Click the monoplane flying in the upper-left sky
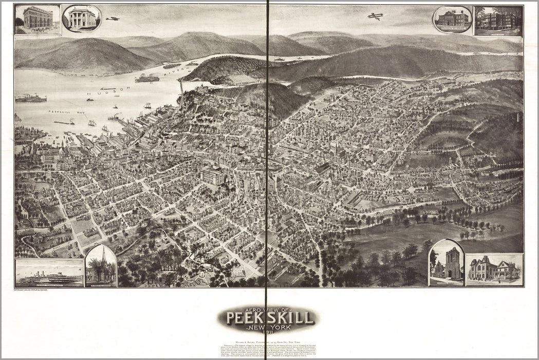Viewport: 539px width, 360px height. coord(113,19)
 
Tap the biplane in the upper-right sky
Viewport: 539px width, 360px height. coord(376,16)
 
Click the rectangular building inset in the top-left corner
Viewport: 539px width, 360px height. coord(38,20)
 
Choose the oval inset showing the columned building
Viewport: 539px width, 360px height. coord(82,19)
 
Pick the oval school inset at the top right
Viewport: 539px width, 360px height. coord(452,19)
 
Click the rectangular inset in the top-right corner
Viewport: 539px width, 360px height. coord(498,21)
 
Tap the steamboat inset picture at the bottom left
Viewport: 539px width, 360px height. coord(49,273)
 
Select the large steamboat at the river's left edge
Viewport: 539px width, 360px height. coord(31,98)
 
